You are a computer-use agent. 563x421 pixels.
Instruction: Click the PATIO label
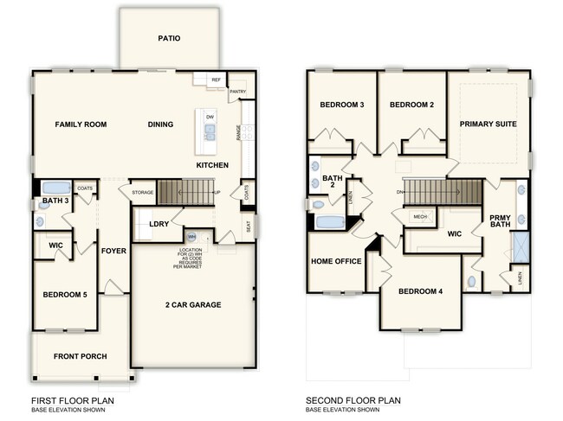(x=169, y=38)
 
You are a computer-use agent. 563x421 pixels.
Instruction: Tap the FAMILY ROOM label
(x=81, y=124)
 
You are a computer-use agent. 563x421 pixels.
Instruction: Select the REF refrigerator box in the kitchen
(x=217, y=80)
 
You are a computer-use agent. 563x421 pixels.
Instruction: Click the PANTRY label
(x=238, y=90)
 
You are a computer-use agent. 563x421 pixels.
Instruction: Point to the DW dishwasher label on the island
(x=210, y=116)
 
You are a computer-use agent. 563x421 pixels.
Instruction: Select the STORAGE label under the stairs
(x=143, y=192)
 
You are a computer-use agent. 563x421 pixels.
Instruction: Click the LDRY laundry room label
(x=159, y=225)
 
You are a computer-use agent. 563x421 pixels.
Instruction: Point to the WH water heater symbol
(x=191, y=236)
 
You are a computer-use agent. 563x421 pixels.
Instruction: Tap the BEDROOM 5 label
(x=66, y=295)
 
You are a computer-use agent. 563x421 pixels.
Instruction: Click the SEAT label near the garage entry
(x=249, y=227)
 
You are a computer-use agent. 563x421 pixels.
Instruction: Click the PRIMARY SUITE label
(x=489, y=124)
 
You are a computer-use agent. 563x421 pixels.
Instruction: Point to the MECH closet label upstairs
(x=420, y=217)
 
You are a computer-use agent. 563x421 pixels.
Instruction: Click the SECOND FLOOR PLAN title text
(x=353, y=401)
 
